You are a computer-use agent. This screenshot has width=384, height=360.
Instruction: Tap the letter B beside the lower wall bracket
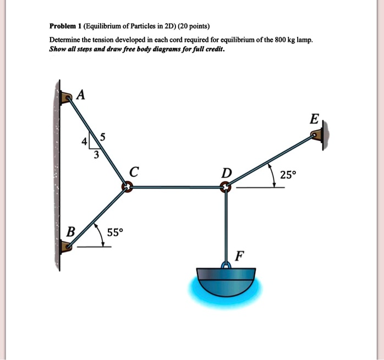70,231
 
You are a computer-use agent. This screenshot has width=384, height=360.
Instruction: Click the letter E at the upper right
314,119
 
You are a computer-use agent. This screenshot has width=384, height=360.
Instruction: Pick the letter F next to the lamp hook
238,256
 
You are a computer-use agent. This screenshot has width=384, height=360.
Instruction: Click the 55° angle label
116,232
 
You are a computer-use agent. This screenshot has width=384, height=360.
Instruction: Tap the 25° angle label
288,175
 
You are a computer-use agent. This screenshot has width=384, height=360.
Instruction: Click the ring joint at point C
127,187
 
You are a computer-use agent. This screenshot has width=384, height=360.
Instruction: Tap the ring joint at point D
226,188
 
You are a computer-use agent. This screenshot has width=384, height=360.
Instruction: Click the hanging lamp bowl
226,280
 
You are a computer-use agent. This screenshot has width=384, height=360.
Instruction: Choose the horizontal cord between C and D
176,187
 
